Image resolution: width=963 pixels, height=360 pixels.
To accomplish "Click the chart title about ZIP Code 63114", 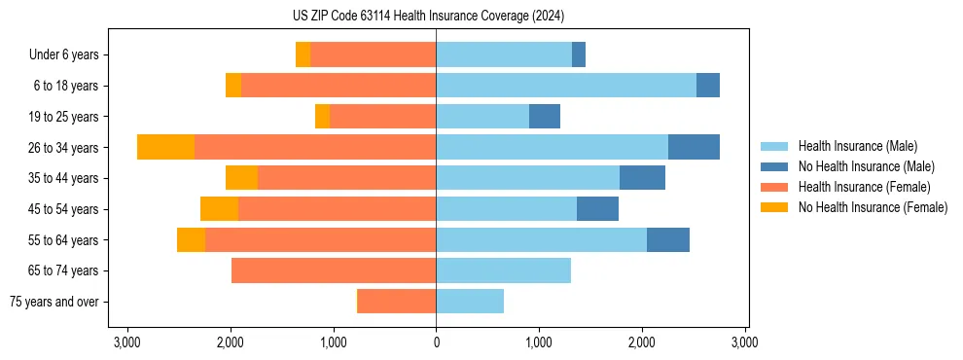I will [x=428, y=16].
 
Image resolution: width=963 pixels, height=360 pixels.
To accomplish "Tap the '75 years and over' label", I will [x=54, y=302].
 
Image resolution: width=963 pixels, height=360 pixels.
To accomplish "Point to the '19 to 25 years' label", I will [x=64, y=117].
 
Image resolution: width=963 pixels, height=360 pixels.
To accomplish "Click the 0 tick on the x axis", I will [x=436, y=342].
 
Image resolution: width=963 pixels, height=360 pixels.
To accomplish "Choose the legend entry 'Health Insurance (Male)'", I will [x=857, y=146].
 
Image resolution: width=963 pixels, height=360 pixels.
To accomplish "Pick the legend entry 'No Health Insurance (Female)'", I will [x=873, y=207].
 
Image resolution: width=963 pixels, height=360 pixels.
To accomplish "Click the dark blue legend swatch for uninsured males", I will [x=774, y=166].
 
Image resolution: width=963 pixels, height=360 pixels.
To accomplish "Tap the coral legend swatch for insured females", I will [x=774, y=187].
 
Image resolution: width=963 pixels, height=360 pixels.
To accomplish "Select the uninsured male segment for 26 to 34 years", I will [x=694, y=147].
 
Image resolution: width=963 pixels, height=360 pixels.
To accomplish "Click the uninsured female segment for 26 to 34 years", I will [x=165, y=147].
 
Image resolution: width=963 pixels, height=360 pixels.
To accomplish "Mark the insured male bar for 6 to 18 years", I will [x=566, y=86].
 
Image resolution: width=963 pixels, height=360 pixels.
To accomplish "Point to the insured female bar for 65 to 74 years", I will [x=334, y=270].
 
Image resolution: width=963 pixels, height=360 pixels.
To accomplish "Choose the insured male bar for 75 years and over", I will [x=470, y=302].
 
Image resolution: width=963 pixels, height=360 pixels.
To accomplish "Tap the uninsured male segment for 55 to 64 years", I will [x=667, y=239].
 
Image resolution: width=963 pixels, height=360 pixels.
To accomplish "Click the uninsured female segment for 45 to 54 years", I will [x=219, y=209].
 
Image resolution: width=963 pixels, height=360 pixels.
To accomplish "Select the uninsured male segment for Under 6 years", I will [x=579, y=55].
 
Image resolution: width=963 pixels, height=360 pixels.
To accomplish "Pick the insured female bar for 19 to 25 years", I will [x=382, y=117].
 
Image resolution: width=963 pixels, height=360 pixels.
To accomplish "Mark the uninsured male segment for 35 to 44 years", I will [x=642, y=178].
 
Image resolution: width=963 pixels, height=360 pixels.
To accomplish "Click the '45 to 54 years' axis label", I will [x=64, y=209].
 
